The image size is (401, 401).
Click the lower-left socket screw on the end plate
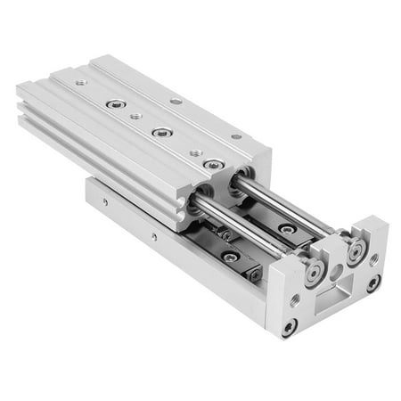[x=290, y=326]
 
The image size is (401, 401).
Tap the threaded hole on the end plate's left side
[x=295, y=300]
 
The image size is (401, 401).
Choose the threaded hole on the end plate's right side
[x=372, y=258]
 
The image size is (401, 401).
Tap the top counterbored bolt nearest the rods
[x=212, y=164]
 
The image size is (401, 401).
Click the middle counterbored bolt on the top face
[x=161, y=133]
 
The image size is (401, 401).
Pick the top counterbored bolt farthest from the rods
[x=115, y=104]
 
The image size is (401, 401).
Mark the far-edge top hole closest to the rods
[x=235, y=136]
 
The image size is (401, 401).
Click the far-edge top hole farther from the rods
[x=176, y=101]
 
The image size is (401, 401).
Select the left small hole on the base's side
[x=104, y=201]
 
